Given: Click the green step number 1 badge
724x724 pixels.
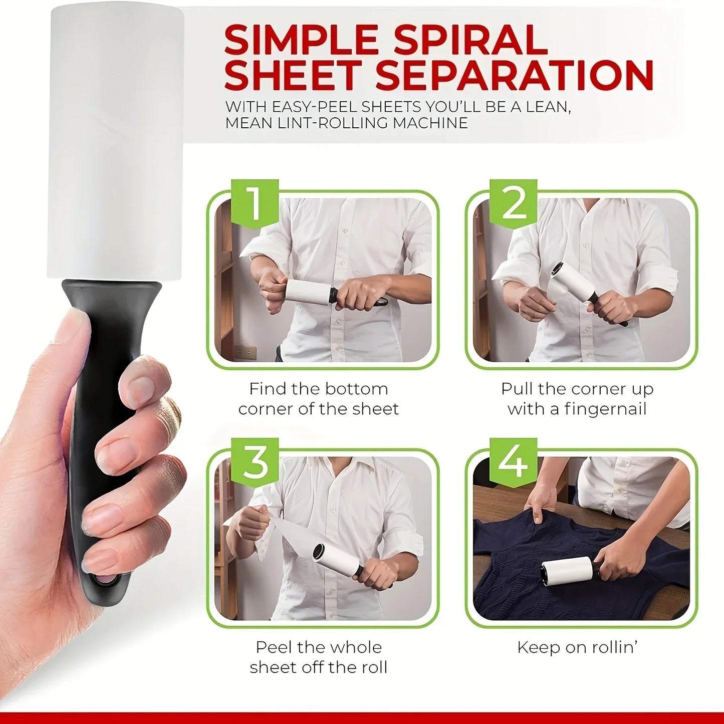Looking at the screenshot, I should (255, 203).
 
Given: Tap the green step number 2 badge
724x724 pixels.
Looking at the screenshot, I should (513, 203).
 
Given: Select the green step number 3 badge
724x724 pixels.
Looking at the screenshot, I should (255, 462).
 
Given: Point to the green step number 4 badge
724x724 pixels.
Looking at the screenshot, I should (513, 462).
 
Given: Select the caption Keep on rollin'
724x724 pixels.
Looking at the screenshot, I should (577, 647).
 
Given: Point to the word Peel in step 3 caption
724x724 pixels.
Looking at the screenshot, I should (274, 647).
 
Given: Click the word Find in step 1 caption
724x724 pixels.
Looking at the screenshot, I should (269, 389).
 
